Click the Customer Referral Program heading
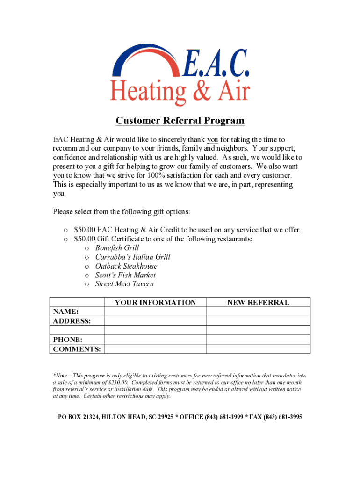[x=180, y=121]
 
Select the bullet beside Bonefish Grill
[x=87, y=248]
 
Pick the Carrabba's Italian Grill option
[x=133, y=257]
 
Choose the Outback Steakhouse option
[x=126, y=266]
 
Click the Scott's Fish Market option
[x=125, y=275]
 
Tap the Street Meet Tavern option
[x=124, y=284]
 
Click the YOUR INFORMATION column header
[x=155, y=302]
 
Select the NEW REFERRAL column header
[x=258, y=302]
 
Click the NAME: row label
[x=65, y=312]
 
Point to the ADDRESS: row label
[x=72, y=321]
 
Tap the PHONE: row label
[x=68, y=340]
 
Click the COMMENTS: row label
[x=77, y=349]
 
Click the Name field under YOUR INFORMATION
[x=155, y=312]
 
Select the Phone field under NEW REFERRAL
[x=258, y=340]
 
